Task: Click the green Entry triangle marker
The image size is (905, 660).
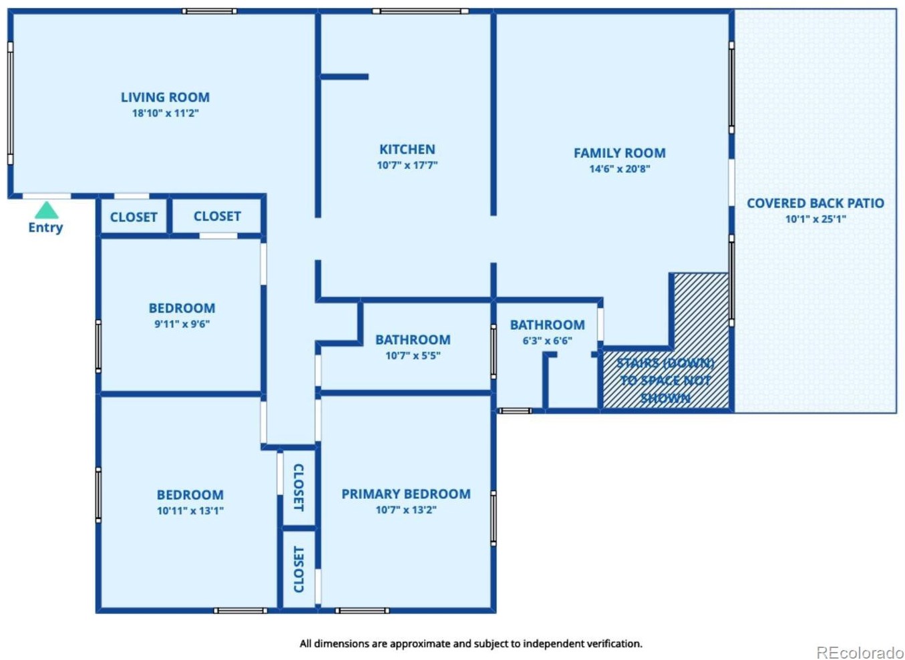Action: (47, 210)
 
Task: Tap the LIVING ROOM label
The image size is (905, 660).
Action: (165, 98)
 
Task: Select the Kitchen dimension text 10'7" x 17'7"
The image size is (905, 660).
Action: (407, 165)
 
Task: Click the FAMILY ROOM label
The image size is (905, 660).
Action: (620, 153)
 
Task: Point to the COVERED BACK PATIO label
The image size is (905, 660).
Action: (816, 203)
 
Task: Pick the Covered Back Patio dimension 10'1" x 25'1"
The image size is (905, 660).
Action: (816, 219)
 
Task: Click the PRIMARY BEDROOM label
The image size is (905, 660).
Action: (406, 494)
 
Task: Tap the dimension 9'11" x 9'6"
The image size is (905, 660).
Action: (182, 324)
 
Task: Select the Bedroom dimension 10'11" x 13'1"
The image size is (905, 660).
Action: (190, 510)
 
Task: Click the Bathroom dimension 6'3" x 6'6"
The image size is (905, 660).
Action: (548, 340)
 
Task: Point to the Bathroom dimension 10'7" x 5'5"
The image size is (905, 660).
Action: (413, 355)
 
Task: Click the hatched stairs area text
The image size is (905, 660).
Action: (665, 381)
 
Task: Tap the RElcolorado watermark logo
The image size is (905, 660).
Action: (860, 641)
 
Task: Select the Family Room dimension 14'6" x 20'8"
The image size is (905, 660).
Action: (620, 168)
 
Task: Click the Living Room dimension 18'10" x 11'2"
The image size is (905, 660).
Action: (165, 113)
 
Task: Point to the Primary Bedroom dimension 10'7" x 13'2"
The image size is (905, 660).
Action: (406, 510)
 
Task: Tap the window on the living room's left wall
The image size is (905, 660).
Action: (11, 103)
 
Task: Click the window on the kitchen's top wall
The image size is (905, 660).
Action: (420, 11)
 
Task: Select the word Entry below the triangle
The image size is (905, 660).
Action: (45, 228)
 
